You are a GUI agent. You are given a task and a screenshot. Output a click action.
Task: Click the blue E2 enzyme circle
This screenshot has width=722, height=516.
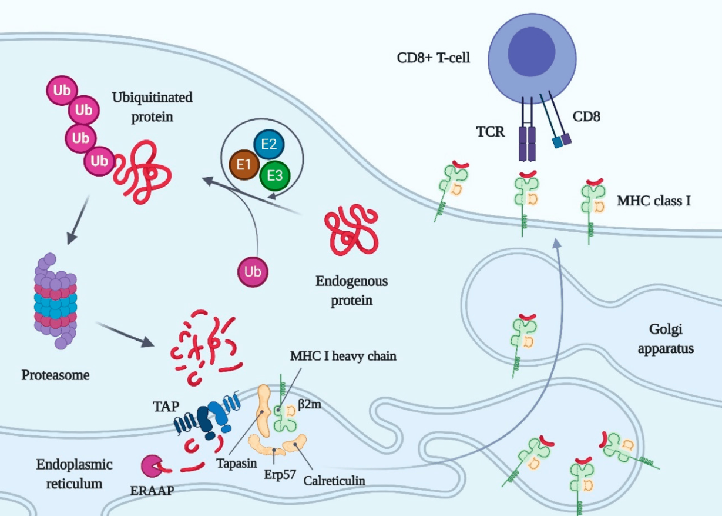(269, 144)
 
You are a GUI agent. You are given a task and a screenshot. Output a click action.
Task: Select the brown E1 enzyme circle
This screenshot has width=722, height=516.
(244, 165)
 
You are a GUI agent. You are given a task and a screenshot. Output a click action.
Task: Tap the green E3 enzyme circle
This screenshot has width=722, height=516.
(275, 176)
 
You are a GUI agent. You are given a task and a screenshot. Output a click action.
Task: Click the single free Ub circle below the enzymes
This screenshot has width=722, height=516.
(253, 272)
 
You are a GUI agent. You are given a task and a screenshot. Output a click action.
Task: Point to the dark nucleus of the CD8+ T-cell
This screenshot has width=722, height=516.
(532, 52)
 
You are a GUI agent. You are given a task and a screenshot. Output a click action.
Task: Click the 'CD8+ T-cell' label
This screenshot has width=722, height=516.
(433, 58)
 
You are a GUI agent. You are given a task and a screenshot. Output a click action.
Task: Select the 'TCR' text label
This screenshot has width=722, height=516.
(491, 132)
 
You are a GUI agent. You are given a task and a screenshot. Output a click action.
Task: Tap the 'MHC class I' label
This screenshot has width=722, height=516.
(654, 201)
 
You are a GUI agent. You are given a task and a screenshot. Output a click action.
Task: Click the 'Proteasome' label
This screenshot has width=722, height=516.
(55, 375)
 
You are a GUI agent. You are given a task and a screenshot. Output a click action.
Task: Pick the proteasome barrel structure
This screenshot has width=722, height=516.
(55, 301)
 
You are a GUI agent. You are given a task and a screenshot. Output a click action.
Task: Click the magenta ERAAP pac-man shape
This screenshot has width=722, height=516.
(152, 466)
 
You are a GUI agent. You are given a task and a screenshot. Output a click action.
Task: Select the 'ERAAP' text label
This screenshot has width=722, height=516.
(152, 491)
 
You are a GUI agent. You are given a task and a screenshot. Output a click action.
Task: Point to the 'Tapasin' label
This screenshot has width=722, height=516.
(237, 464)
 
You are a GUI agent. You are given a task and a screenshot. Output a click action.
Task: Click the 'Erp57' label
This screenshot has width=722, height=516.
(280, 474)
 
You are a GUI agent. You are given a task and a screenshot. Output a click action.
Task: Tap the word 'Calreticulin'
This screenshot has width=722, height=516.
(334, 481)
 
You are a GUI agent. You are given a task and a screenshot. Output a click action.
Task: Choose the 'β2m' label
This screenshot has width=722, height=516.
(310, 404)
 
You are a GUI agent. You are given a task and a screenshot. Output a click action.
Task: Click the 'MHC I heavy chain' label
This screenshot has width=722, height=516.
(343, 356)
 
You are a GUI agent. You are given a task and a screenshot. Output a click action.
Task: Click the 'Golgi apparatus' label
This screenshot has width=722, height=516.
(666, 339)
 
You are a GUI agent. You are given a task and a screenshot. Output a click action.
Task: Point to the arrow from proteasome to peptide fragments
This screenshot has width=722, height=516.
(125, 334)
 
